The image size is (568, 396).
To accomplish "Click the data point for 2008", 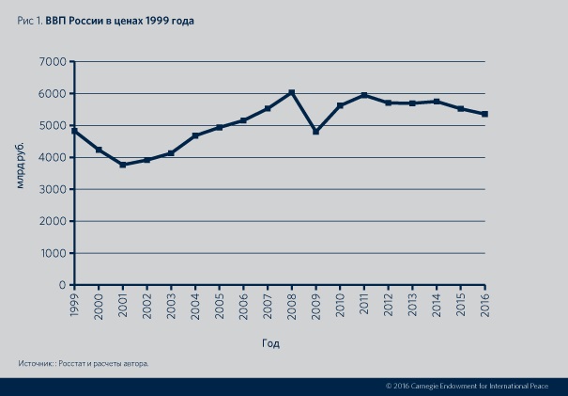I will [292, 92].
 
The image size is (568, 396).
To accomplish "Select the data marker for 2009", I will [316, 132].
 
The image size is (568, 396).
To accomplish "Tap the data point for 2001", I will [123, 165].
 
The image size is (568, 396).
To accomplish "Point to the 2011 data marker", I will [364, 95].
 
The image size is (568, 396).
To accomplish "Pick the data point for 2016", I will [485, 114].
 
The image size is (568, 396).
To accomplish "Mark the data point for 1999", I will [74, 131].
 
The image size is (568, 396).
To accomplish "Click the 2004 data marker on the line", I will [195, 135].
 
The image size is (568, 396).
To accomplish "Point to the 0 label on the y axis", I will [61, 285].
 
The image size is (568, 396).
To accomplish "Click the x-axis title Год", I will [270, 344].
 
